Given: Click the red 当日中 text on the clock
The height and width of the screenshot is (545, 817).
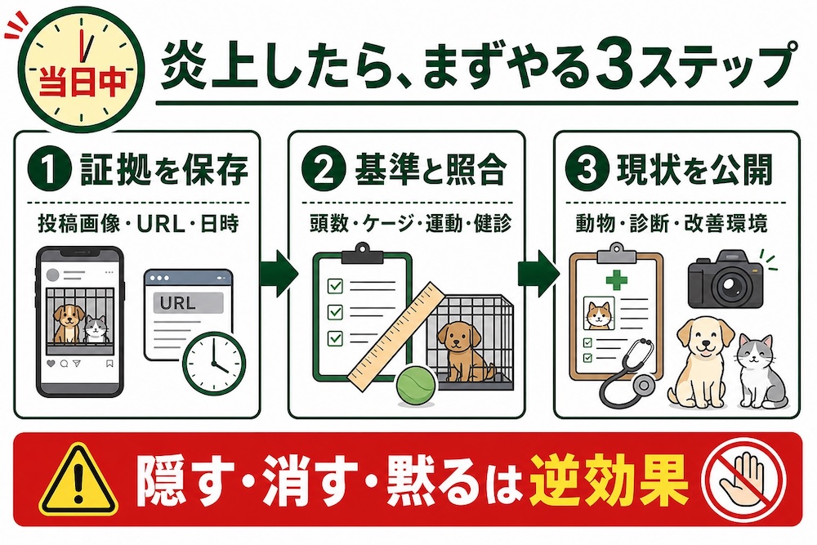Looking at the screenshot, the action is tap(82, 82).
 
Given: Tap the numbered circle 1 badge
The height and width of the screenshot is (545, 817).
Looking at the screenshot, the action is tap(50, 169).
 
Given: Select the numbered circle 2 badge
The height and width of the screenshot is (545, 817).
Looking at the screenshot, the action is tap(324, 169).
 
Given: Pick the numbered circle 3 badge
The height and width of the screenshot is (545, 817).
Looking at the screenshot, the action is tap(587, 169).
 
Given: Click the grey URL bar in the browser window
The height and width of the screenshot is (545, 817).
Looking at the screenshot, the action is tap(188, 302).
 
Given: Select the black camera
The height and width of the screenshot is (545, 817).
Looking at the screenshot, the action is tap(725, 279).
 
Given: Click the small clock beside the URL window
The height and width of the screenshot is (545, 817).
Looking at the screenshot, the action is tap(215, 363).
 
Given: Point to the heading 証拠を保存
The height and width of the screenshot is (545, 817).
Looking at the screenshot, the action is tap(163, 170).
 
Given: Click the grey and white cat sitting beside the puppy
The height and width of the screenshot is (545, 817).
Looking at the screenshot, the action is tap(762, 372).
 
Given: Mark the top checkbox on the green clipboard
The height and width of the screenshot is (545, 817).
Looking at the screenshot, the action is tap(335, 285).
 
